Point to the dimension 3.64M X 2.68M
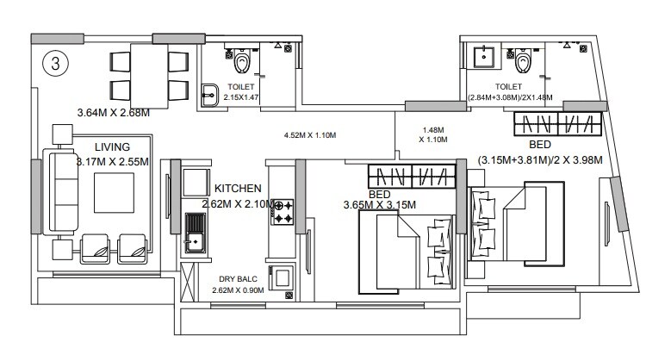click(114, 112)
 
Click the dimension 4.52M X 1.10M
click(309, 135)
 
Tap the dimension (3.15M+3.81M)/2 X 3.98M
click(540, 159)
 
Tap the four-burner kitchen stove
click(283, 213)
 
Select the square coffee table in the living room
click(112, 192)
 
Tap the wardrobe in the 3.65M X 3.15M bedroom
click(411, 176)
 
